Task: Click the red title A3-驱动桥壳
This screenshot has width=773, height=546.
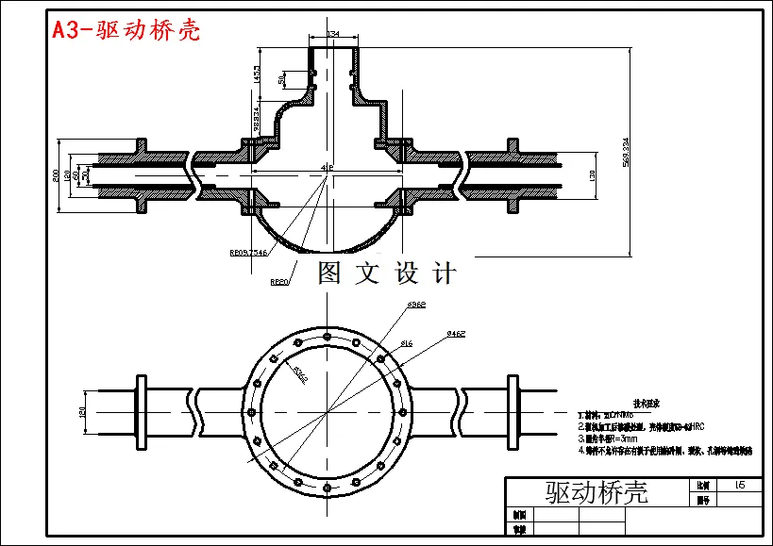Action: [x=126, y=30]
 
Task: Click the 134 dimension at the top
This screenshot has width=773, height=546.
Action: [x=332, y=35]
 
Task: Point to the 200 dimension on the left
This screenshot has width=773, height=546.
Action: [x=57, y=175]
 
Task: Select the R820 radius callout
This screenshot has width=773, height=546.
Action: [x=279, y=281]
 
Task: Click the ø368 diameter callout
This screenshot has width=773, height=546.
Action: [x=416, y=305]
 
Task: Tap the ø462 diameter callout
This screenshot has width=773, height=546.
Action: [x=457, y=333]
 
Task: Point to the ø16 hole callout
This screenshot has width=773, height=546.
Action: [x=407, y=343]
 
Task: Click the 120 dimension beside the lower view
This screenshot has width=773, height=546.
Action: [x=83, y=412]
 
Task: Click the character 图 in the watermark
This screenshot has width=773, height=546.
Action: [x=329, y=273]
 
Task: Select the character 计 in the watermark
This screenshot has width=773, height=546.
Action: [x=444, y=273]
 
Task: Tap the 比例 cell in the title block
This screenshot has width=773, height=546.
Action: [x=701, y=485]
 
